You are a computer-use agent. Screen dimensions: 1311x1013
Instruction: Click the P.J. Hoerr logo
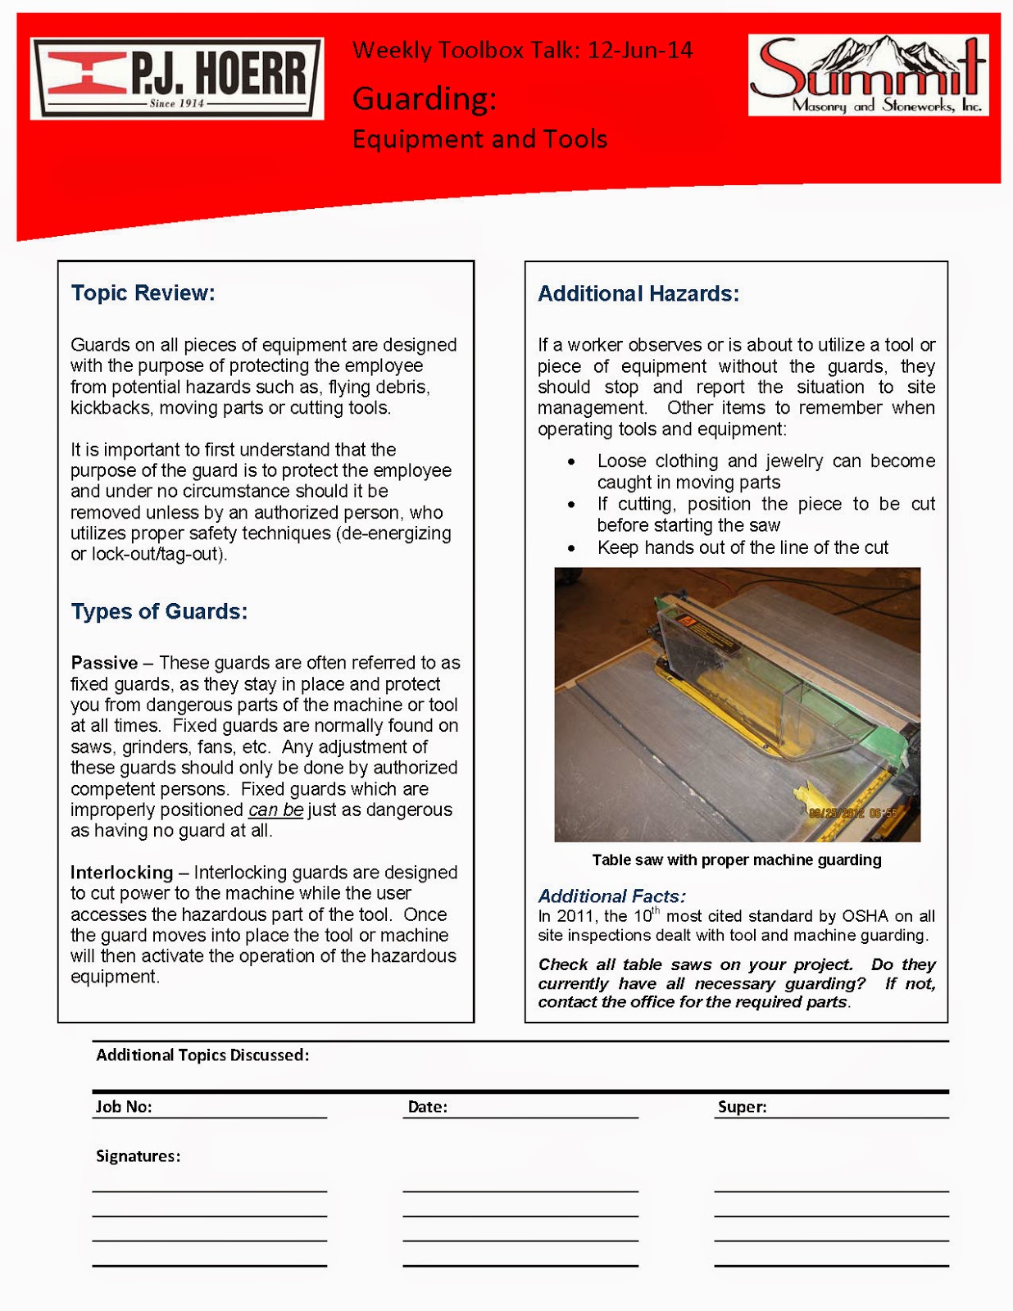pyautogui.click(x=177, y=79)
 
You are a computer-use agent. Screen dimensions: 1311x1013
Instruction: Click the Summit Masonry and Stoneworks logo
pyautogui.click(x=868, y=75)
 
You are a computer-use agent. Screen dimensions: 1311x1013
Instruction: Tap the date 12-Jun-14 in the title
pyautogui.click(x=640, y=51)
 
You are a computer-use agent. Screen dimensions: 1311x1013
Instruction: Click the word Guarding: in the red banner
pyautogui.click(x=425, y=99)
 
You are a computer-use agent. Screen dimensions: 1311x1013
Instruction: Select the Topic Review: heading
pyautogui.click(x=143, y=293)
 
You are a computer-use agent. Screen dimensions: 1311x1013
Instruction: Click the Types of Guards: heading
pyautogui.click(x=159, y=612)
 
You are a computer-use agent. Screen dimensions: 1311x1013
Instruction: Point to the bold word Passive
pyautogui.click(x=104, y=663)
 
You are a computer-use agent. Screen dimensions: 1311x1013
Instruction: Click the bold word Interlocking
pyautogui.click(x=122, y=873)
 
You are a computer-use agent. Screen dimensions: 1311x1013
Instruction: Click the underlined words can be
pyautogui.click(x=275, y=810)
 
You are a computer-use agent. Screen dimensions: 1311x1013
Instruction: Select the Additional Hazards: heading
pyautogui.click(x=638, y=294)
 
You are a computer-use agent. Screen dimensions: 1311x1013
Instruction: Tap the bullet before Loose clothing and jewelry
pyautogui.click(x=571, y=462)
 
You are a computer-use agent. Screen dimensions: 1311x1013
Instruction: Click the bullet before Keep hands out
pyautogui.click(x=571, y=548)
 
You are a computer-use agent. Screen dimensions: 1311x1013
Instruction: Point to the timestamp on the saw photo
pyautogui.click(x=852, y=813)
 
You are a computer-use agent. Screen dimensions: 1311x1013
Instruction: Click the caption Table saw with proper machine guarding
pyautogui.click(x=736, y=860)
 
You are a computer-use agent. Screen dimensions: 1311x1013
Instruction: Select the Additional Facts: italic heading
pyautogui.click(x=611, y=896)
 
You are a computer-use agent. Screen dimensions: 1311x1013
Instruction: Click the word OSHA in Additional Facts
pyautogui.click(x=865, y=916)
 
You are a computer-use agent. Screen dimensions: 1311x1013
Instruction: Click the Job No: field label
pyautogui.click(x=124, y=1107)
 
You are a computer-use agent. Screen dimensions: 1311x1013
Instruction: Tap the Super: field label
pyautogui.click(x=742, y=1107)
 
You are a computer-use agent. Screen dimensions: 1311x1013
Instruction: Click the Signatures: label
pyautogui.click(x=138, y=1156)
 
